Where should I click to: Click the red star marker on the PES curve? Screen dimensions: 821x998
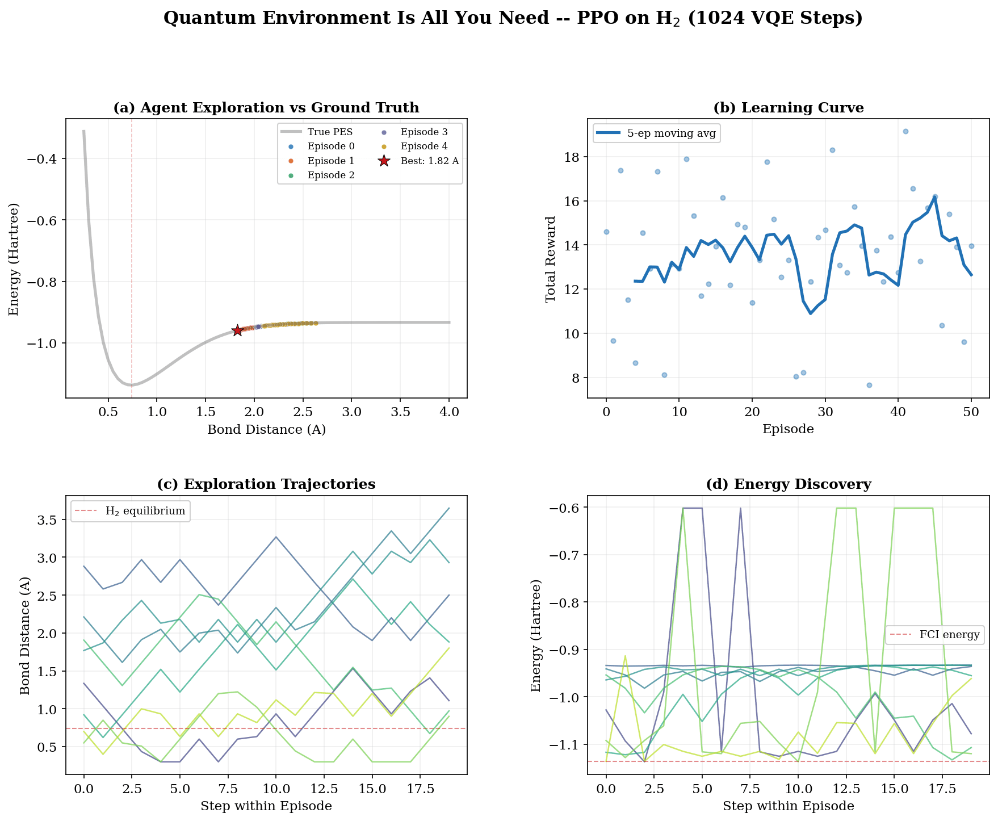(237, 330)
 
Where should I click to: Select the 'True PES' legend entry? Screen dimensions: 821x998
(330, 132)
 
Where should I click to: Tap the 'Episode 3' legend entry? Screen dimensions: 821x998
(423, 132)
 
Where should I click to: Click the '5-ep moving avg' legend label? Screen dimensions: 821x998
(671, 133)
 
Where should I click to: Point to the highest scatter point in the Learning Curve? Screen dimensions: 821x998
(905, 131)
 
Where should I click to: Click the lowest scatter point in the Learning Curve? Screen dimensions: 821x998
(869, 385)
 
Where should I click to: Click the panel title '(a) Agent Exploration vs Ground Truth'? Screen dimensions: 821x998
(266, 108)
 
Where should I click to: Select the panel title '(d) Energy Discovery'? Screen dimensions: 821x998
(788, 484)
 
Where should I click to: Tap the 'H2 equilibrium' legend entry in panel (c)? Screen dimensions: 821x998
(145, 511)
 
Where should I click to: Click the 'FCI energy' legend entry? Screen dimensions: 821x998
(949, 635)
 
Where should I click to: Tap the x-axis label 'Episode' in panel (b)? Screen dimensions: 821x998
(788, 429)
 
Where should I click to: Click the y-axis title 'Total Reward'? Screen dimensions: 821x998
(550, 259)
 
